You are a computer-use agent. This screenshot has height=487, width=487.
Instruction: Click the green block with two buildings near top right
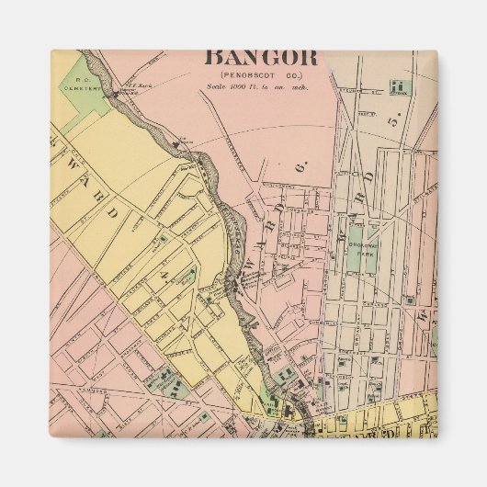click(398, 88)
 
